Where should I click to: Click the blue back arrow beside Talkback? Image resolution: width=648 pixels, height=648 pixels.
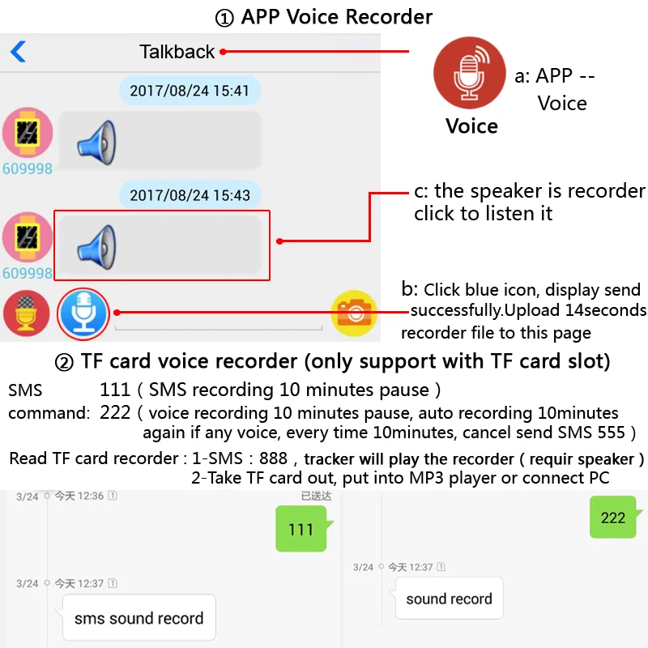(x=18, y=52)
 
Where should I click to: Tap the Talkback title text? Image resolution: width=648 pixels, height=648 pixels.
(x=177, y=52)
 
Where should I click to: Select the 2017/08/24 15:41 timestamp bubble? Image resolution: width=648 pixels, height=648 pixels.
(x=190, y=91)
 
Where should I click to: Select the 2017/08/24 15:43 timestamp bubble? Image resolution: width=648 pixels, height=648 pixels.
(x=190, y=195)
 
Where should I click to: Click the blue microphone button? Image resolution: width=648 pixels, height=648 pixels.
(x=83, y=312)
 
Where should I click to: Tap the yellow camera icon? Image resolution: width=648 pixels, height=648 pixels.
(x=354, y=313)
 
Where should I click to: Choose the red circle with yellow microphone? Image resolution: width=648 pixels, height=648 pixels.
(x=27, y=313)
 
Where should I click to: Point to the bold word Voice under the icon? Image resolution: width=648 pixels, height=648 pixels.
(x=471, y=126)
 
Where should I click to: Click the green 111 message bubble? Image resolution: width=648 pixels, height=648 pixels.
(x=301, y=530)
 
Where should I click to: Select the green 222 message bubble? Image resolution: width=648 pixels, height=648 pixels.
(x=612, y=517)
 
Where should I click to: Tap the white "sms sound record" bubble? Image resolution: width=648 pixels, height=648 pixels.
(x=139, y=619)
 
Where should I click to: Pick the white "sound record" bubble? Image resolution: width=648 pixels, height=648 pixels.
(x=449, y=599)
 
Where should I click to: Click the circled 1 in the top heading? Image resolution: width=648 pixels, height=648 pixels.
(x=225, y=16)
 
